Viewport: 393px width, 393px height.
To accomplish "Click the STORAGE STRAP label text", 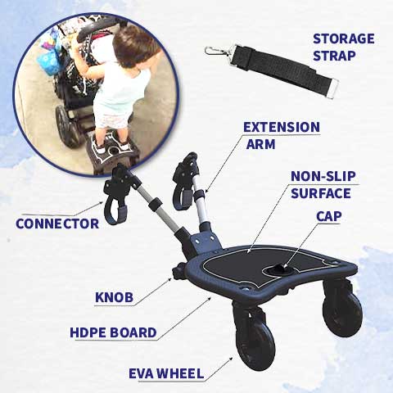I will [x=343, y=47].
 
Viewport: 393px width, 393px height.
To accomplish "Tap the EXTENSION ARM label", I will [x=281, y=136].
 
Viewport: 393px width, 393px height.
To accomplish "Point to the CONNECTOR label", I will [x=57, y=223].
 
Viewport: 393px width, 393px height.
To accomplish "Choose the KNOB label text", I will [x=115, y=296].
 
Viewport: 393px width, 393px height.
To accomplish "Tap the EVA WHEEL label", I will [x=165, y=373].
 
